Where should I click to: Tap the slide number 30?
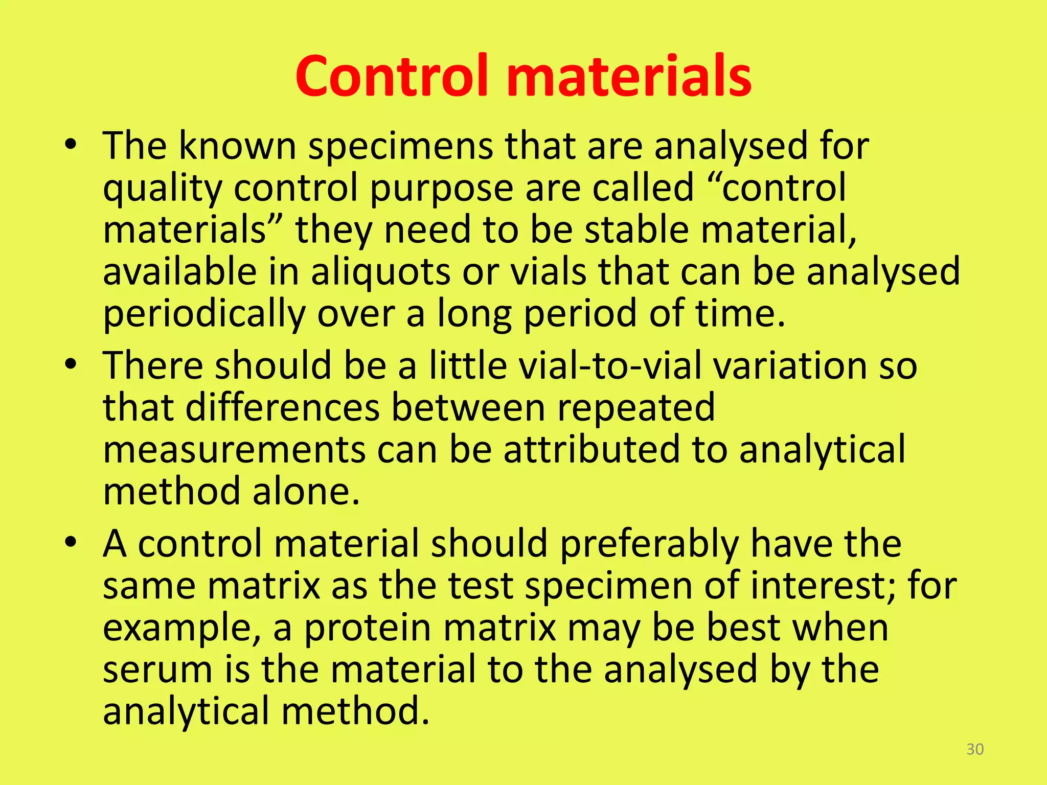pos(975,749)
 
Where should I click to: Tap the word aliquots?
pos(380,272)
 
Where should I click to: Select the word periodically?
pos(204,314)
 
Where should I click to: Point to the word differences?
pos(282,408)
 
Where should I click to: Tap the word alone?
pos(306,492)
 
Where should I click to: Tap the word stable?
pos(636,230)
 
